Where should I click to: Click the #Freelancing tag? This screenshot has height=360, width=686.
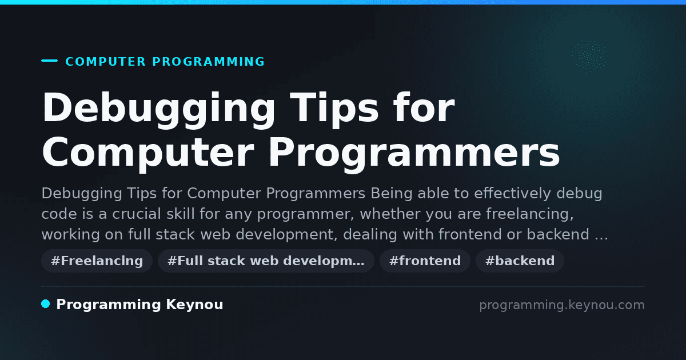pos(97,261)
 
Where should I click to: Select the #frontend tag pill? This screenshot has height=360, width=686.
pos(425,261)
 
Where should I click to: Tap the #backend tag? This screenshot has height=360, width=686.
pos(520,261)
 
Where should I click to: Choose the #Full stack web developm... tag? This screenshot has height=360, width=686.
pos(266,261)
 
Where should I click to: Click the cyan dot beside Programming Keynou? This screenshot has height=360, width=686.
pos(45,304)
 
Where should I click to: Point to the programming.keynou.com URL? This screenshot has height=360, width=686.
pos(562,305)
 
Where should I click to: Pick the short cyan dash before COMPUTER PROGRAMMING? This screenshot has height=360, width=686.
pos(49,61)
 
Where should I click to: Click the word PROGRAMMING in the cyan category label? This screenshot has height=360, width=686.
pos(208,62)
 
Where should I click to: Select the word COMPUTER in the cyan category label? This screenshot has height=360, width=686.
pos(106,62)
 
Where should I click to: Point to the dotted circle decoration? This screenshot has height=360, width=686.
pos(590,55)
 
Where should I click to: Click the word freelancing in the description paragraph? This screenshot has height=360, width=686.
pos(530,214)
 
